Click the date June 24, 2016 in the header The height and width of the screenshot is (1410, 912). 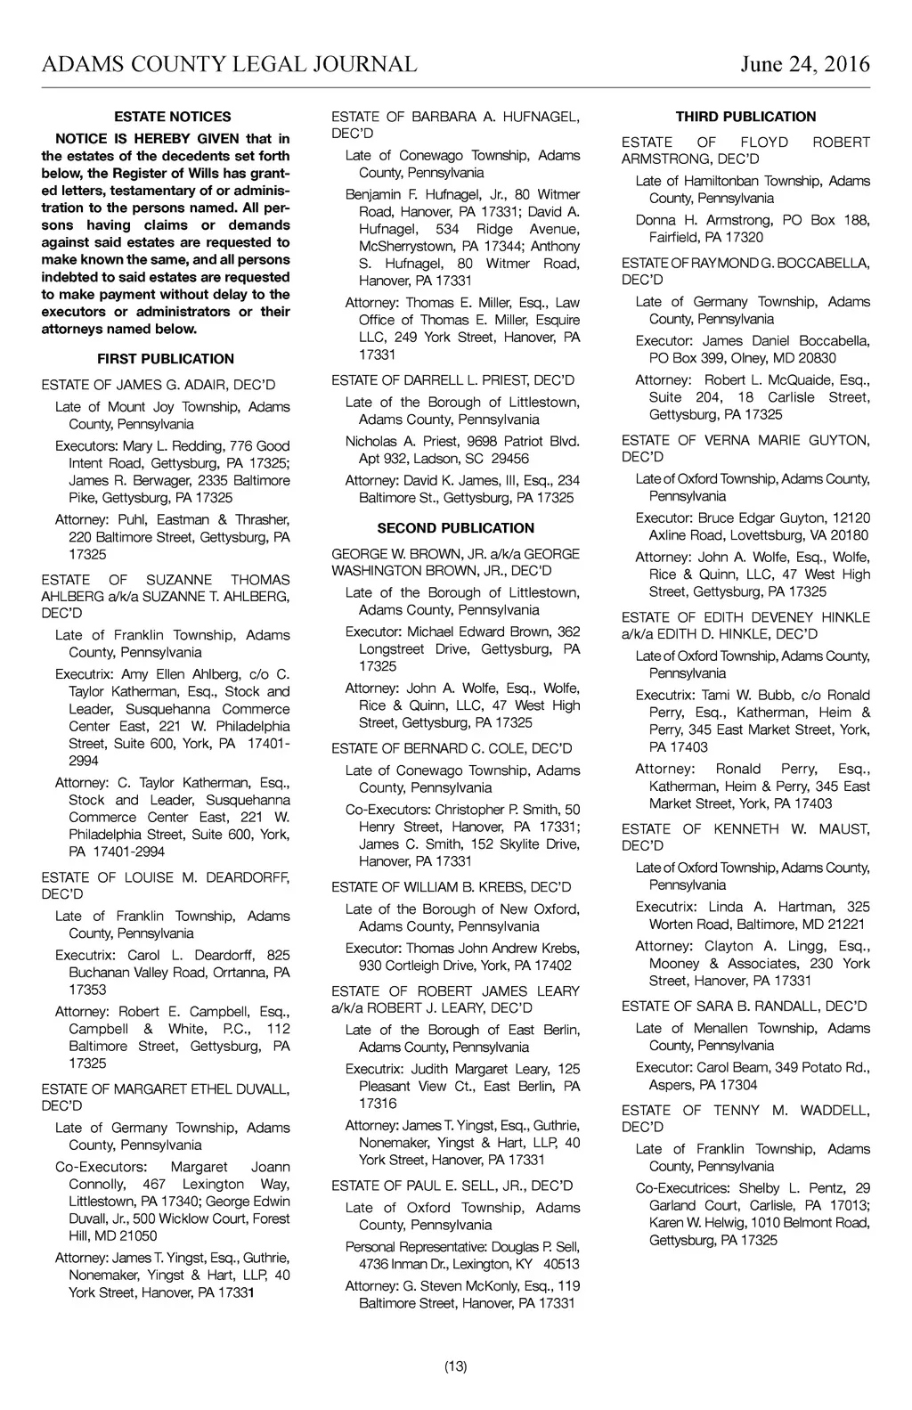pyautogui.click(x=804, y=64)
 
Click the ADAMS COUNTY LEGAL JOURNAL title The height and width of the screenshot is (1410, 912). pyautogui.click(x=229, y=64)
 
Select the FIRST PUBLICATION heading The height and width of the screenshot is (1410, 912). pyautogui.click(x=166, y=359)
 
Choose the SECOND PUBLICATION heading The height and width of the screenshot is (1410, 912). pyautogui.click(x=456, y=527)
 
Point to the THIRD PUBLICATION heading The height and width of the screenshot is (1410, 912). pyautogui.click(x=745, y=117)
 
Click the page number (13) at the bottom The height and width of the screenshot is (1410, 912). pyautogui.click(x=456, y=1366)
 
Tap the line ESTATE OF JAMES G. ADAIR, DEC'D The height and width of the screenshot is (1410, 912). pyautogui.click(x=159, y=385)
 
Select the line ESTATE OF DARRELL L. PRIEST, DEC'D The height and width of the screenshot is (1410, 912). pyautogui.click(x=453, y=380)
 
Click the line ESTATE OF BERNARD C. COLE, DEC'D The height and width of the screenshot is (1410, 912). pyautogui.click(x=452, y=748)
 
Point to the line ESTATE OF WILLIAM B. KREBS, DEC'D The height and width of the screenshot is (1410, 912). pyautogui.click(x=452, y=887)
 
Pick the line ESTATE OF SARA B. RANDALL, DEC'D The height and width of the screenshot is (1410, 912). pyautogui.click(x=745, y=1007)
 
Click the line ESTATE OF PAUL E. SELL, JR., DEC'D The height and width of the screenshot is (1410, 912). pyautogui.click(x=452, y=1186)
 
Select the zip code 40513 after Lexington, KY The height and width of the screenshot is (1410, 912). pyautogui.click(x=560, y=1264)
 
